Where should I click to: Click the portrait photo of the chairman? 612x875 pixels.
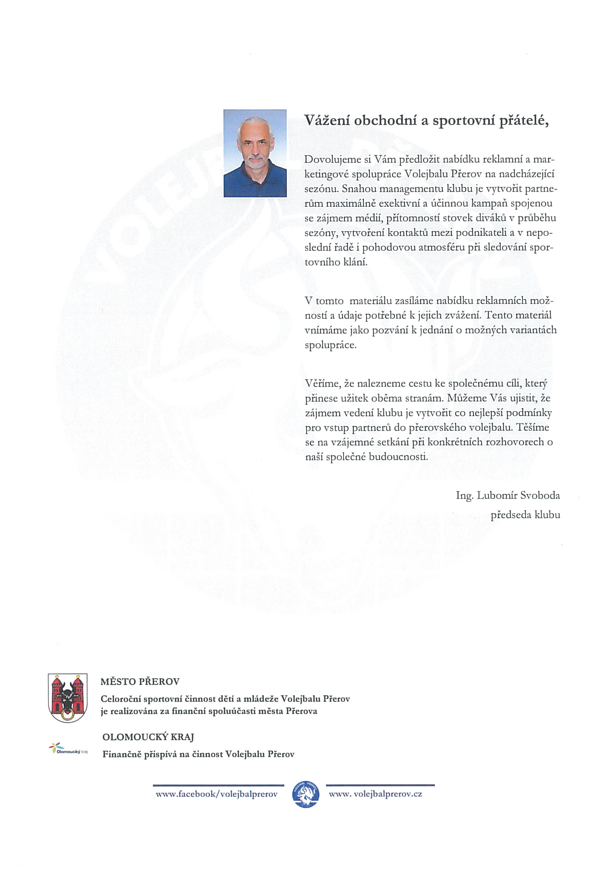coord(255,153)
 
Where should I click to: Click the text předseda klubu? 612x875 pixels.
coord(525,515)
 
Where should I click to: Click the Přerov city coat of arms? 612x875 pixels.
coord(68,697)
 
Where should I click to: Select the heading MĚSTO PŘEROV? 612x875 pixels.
coord(139,681)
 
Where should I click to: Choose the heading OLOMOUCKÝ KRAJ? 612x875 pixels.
coord(148,737)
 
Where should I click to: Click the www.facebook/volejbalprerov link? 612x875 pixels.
coord(216,794)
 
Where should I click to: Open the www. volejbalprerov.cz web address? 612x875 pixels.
coord(375,794)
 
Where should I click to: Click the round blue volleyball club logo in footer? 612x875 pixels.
coord(305,794)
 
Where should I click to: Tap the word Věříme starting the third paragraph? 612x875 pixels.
coord(322,383)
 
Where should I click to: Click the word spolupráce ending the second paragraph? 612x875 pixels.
coord(330,345)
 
